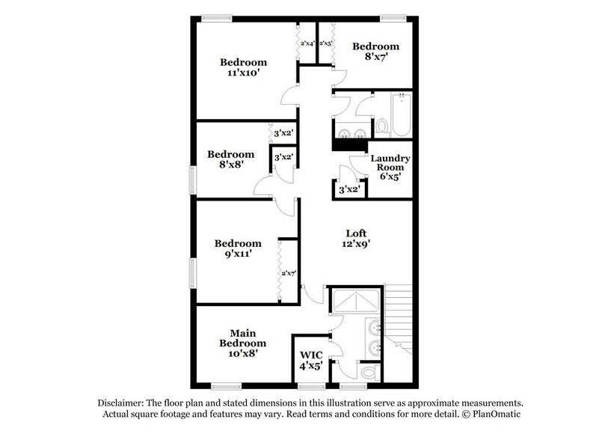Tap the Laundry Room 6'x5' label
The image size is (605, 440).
coord(390,168)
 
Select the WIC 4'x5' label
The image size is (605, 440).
coord(310,360)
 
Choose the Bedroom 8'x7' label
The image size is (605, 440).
coord(376,51)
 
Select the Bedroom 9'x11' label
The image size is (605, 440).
coord(238,248)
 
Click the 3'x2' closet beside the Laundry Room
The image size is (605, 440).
coord(350,189)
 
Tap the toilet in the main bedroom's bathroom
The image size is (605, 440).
coord(367,372)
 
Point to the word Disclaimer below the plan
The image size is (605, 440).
coord(118,402)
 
